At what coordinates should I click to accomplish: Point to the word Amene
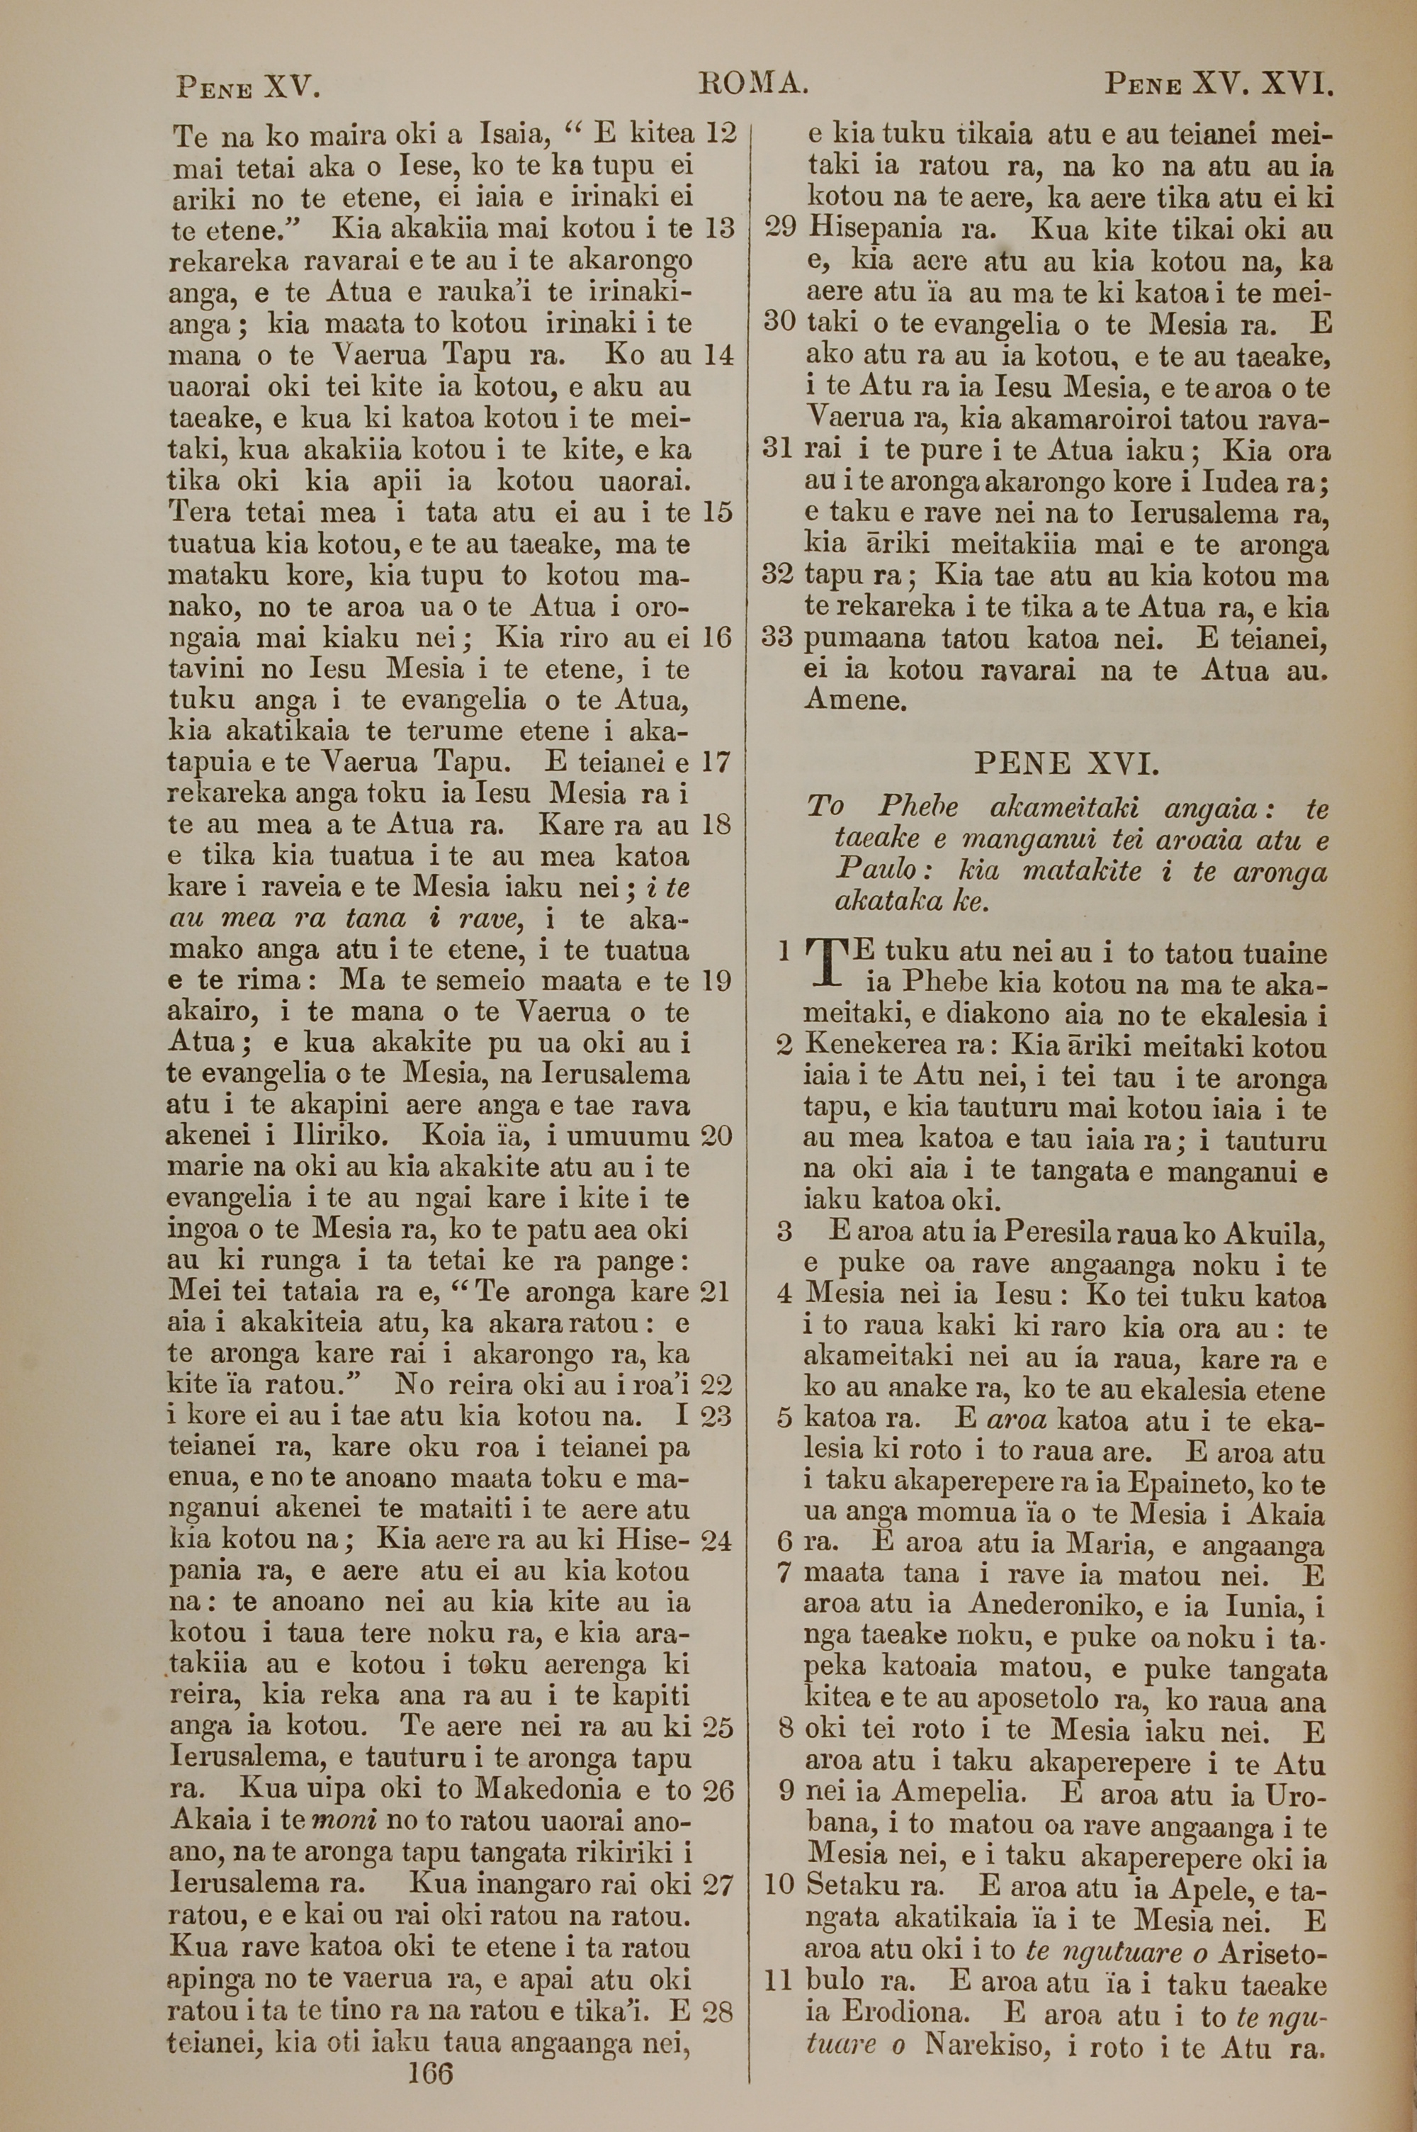pos(854,700)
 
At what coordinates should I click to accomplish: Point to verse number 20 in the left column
pos(716,1137)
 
